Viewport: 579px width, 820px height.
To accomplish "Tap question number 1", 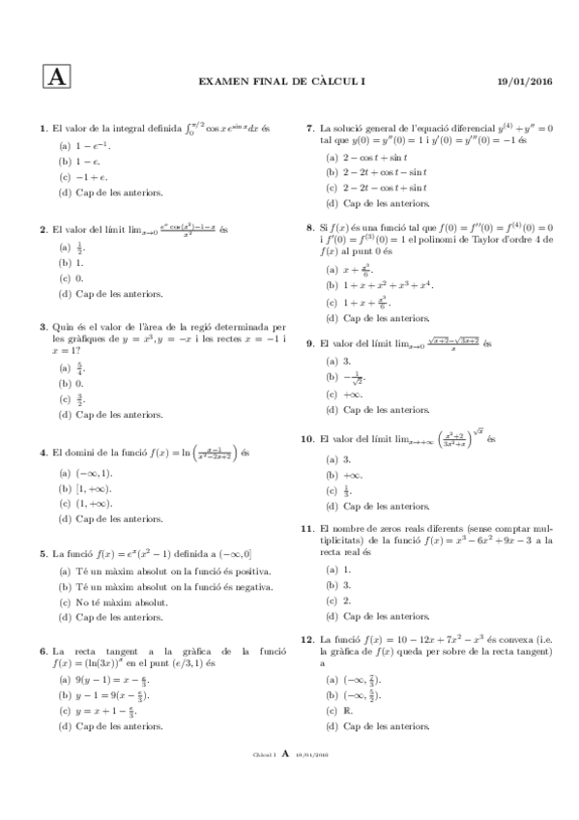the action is [x=43, y=128].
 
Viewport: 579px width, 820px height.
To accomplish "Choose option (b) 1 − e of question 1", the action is [x=82, y=161].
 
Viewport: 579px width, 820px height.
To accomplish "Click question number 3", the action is [x=43, y=327].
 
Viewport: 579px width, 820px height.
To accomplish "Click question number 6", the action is [x=43, y=651].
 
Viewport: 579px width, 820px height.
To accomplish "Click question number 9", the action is [x=310, y=343].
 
